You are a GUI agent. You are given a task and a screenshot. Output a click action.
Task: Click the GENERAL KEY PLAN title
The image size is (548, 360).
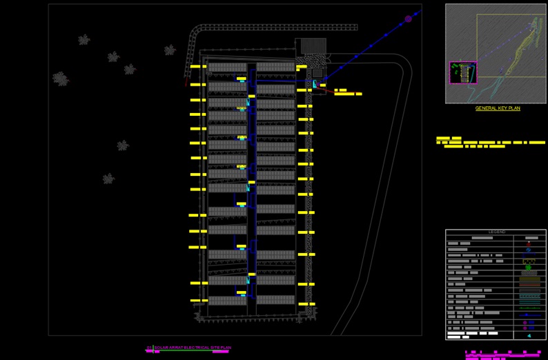[x=498, y=108]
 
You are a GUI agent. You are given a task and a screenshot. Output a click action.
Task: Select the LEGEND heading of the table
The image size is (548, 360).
[x=497, y=232]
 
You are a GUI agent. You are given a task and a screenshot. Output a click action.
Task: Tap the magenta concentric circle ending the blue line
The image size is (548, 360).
[x=408, y=19]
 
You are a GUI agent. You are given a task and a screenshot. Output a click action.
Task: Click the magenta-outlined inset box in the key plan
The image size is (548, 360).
[x=462, y=72]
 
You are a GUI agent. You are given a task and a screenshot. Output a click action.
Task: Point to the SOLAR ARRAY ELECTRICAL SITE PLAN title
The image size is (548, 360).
[x=188, y=347]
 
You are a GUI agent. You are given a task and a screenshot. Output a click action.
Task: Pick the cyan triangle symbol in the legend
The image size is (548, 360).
[x=529, y=336]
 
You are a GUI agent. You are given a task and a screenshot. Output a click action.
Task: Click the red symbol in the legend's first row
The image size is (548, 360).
[x=529, y=243]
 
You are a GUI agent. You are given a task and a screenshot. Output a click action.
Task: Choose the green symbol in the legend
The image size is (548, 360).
[x=529, y=263]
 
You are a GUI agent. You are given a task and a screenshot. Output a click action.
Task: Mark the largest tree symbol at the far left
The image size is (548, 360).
[x=61, y=79]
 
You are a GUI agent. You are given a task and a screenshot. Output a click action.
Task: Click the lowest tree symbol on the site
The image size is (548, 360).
[x=108, y=179]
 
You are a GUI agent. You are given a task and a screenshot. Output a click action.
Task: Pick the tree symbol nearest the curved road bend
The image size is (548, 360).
[x=170, y=50]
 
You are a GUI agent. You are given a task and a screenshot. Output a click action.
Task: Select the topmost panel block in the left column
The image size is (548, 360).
[x=227, y=68]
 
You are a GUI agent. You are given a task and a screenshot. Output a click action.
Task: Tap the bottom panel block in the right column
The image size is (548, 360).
[x=275, y=300]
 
